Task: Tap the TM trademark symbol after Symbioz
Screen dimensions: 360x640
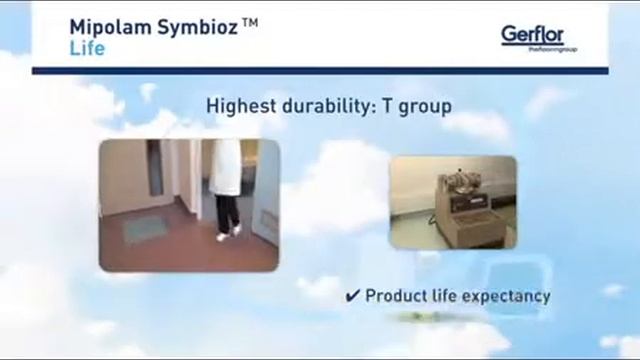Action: pos(250,21)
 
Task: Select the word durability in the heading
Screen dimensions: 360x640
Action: pos(325,104)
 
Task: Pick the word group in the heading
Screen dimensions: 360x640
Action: pos(425,104)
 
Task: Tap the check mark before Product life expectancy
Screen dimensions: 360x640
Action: pos(352,296)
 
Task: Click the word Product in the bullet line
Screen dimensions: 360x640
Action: pos(397,296)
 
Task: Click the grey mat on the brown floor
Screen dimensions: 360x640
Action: pos(144,229)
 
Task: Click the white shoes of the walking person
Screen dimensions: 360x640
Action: pos(229,233)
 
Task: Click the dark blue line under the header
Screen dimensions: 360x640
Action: pos(320,70)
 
